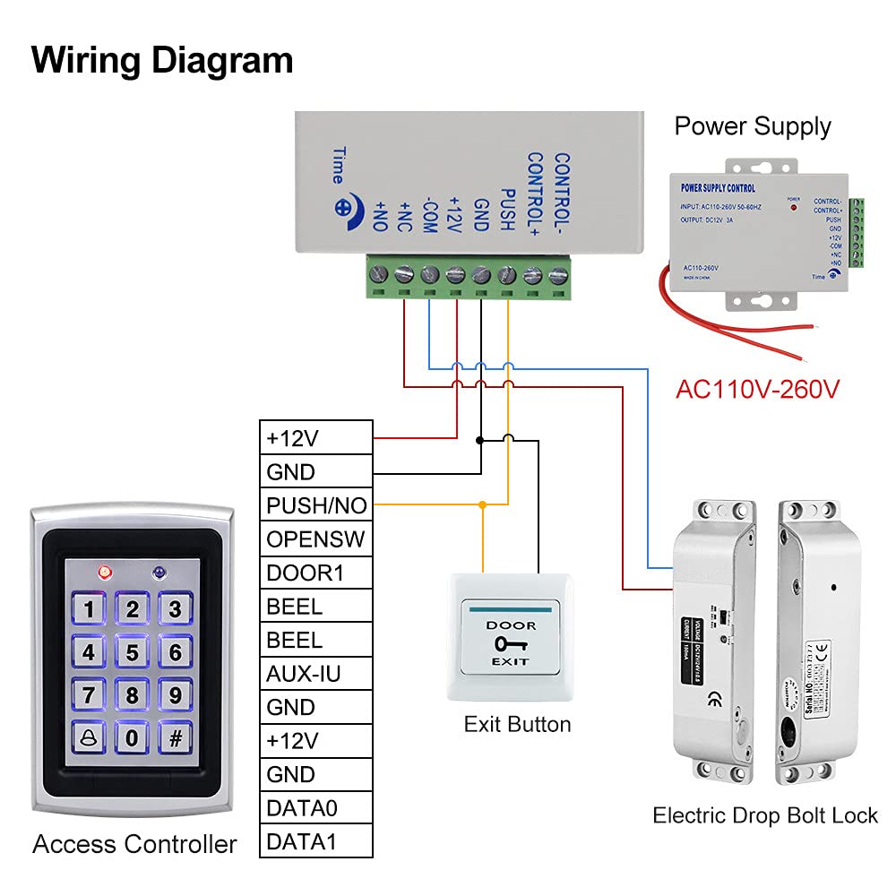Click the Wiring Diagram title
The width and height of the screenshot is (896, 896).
(x=162, y=61)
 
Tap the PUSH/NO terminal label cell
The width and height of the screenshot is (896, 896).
(x=316, y=505)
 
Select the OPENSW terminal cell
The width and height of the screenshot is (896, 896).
(x=316, y=539)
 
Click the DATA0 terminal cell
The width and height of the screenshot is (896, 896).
(x=316, y=808)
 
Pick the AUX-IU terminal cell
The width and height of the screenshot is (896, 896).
(x=316, y=674)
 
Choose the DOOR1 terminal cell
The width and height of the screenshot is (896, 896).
(x=316, y=573)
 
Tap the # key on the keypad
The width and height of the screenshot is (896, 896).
(x=176, y=738)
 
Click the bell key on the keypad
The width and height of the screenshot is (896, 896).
(x=89, y=738)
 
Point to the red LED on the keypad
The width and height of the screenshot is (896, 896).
(x=104, y=570)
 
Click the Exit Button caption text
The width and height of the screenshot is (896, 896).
(x=517, y=724)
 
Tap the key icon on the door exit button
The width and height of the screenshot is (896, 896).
(x=511, y=643)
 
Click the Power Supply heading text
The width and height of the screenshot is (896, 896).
(x=753, y=126)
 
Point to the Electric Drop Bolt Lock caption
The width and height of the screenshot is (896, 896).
(x=765, y=815)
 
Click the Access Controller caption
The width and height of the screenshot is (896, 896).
(x=134, y=844)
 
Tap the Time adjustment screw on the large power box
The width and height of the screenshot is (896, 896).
(x=344, y=205)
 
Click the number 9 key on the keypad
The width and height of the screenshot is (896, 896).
(x=176, y=694)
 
